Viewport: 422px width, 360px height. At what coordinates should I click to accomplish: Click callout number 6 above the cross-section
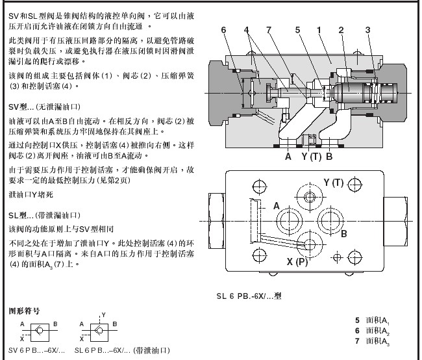click(223, 29)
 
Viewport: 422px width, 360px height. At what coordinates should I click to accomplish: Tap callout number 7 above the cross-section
click(268, 29)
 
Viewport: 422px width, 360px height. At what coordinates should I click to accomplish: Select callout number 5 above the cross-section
click(297, 29)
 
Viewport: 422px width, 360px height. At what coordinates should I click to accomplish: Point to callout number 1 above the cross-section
click(319, 29)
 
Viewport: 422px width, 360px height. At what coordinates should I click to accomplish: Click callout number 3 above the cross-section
click(367, 29)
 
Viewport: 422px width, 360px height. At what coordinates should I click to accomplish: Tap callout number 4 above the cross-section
click(247, 29)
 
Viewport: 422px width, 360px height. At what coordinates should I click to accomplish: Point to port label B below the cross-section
click(329, 156)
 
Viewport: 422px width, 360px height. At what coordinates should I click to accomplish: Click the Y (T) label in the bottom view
click(332, 183)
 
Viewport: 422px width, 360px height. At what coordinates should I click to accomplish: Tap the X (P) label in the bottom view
click(297, 263)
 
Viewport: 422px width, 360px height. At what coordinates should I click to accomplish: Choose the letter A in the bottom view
click(277, 206)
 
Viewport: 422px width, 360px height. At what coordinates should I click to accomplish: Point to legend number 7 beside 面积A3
click(357, 341)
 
